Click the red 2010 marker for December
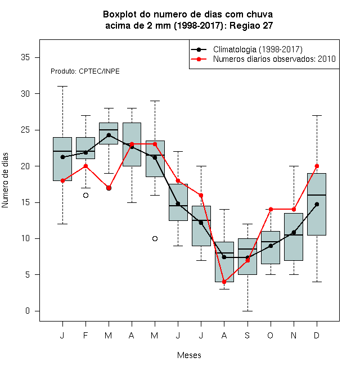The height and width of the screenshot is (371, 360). coord(317,166)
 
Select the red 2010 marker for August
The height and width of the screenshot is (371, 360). coord(224,282)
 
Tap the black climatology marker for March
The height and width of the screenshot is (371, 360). coord(109,135)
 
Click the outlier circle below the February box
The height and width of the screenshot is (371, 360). coord(85,195)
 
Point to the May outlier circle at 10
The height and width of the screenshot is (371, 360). coord(155,238)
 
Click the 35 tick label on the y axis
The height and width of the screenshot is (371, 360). coord(25,57)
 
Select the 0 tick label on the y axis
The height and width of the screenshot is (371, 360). coord(28,311)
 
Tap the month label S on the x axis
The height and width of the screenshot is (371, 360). coord(247,335)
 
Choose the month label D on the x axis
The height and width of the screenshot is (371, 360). coord(317,335)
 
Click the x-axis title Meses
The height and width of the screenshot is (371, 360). coord(189,355)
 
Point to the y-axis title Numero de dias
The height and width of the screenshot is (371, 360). coord(5,180)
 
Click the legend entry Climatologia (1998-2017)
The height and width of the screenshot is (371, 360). coord(258,49)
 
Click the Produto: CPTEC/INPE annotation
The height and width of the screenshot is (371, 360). coord(85,71)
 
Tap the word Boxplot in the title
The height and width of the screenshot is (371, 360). coord(120,15)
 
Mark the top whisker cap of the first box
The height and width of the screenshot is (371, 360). coord(63,87)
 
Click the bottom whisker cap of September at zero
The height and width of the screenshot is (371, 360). coord(247,311)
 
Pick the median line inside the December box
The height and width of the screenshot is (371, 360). coord(317,195)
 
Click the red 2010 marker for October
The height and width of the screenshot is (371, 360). coord(271,210)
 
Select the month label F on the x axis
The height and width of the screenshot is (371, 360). coord(85,335)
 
